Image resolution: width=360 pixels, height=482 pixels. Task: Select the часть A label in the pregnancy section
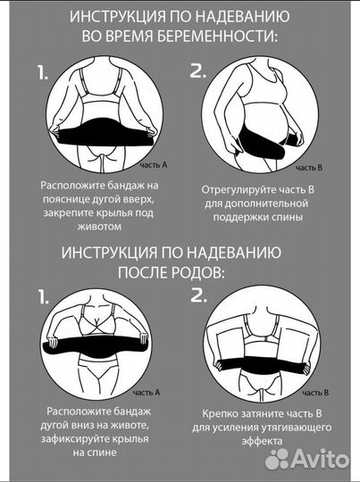(155, 166)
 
